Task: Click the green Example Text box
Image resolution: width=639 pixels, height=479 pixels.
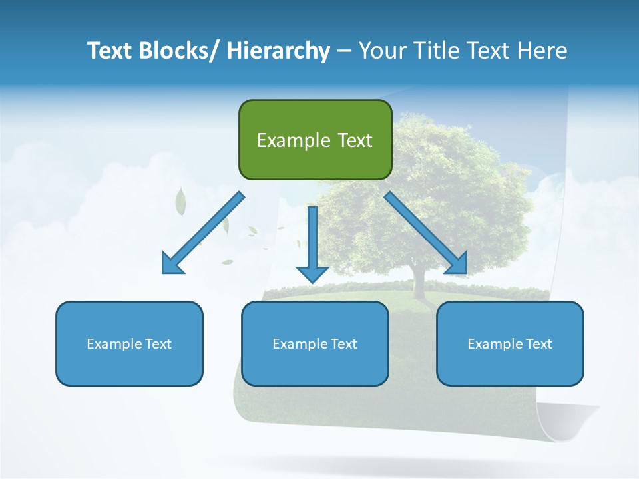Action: [315, 140]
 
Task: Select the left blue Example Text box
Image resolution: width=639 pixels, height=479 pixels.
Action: [129, 343]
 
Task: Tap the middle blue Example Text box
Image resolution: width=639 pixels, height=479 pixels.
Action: [315, 343]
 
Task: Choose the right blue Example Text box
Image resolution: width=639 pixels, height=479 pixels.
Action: [510, 343]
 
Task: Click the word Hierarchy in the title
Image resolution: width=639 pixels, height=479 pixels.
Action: [278, 51]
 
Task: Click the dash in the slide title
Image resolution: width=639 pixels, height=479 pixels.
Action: [344, 51]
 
